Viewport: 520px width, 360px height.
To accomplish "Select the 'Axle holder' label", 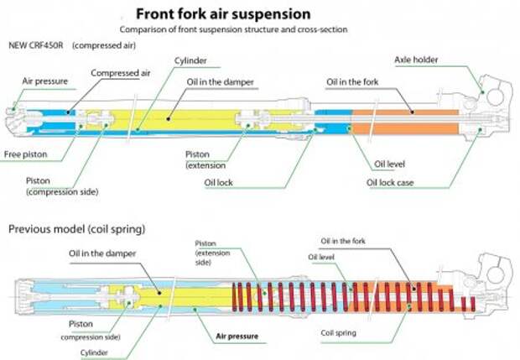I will pos(418,60).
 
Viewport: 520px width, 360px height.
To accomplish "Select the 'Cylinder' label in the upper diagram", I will pos(191,61).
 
